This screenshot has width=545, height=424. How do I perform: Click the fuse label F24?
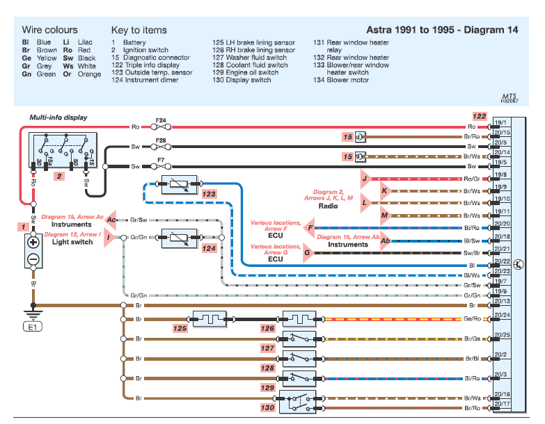tap(161, 120)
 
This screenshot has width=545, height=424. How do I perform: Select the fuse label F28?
tap(161, 140)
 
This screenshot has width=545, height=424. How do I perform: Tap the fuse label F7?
tap(161, 160)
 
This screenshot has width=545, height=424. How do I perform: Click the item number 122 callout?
tap(479, 116)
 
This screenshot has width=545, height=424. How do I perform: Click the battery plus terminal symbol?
tap(32, 243)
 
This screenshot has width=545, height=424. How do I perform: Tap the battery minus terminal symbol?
tap(32, 260)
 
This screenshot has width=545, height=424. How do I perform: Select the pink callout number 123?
tap(209, 195)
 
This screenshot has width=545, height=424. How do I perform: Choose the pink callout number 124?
tap(208, 248)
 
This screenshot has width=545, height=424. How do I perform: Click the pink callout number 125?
tap(180, 327)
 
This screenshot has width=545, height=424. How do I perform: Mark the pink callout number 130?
tap(267, 407)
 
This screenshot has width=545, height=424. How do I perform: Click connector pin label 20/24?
tap(502, 314)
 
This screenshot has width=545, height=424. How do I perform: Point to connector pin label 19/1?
tap(502, 122)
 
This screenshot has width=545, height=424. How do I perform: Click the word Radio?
tap(329, 206)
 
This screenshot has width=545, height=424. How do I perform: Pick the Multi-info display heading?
tap(58, 117)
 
